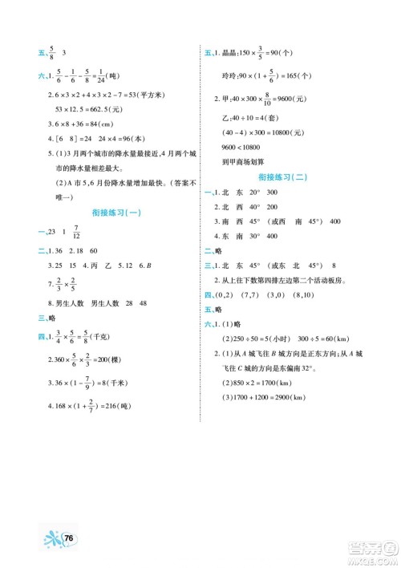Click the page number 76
(x=70, y=536)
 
